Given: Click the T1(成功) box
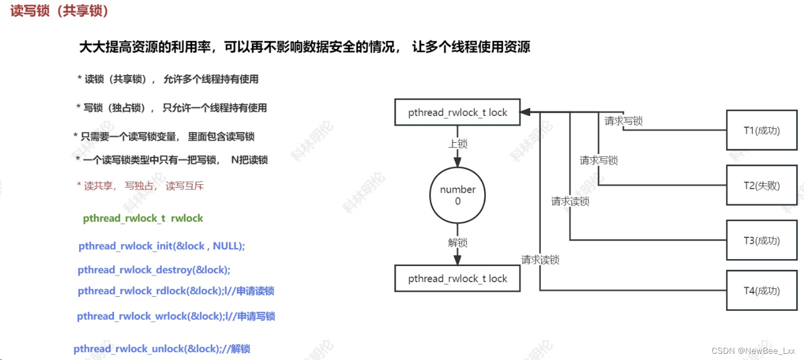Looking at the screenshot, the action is point(761,130).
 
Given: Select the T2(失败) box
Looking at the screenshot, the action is point(761,185).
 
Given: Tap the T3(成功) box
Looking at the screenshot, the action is point(761,240).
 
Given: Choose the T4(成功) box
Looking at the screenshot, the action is point(761,290).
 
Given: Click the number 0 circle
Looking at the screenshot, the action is point(457,195).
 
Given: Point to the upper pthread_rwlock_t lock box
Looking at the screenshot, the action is point(457,113).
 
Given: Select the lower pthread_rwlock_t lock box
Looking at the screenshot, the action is point(457,279).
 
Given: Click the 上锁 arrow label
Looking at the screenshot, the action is point(457,144).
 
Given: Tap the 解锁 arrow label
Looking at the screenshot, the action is point(457,242).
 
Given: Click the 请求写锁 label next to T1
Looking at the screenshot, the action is point(623,121).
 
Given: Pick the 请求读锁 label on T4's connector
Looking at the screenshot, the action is point(540,260).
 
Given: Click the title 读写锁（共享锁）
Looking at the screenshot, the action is point(59,11).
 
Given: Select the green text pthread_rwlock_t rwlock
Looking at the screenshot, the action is point(143,218).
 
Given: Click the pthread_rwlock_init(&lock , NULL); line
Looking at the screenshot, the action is point(162,246).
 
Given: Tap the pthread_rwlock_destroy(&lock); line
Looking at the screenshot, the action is point(154,270).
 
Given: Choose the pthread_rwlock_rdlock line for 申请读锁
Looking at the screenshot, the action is point(176,291).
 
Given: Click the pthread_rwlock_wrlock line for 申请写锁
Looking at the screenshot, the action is point(176,316).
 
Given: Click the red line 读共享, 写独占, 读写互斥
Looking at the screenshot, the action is point(140,186).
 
